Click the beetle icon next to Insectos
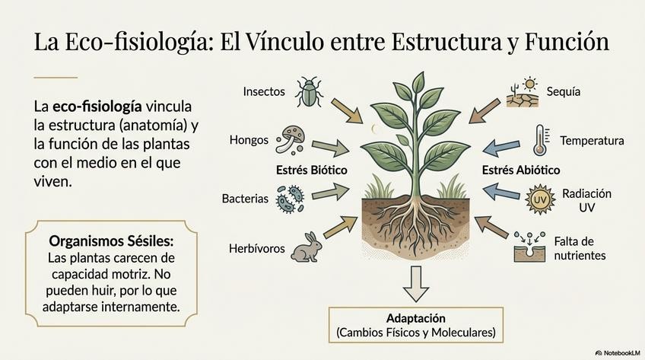pos(308,92)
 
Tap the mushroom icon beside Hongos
pos(291,139)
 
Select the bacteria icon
pos(290,199)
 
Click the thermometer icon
pos(541,140)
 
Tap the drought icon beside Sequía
pos(523,92)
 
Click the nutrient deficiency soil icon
pos(529,247)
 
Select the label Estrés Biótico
pos(312,170)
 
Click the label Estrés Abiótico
pos(521,170)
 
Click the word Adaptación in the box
pos(415,318)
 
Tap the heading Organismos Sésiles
pos(111,241)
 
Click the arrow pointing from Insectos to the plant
pos(346,110)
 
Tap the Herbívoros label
pos(258,248)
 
